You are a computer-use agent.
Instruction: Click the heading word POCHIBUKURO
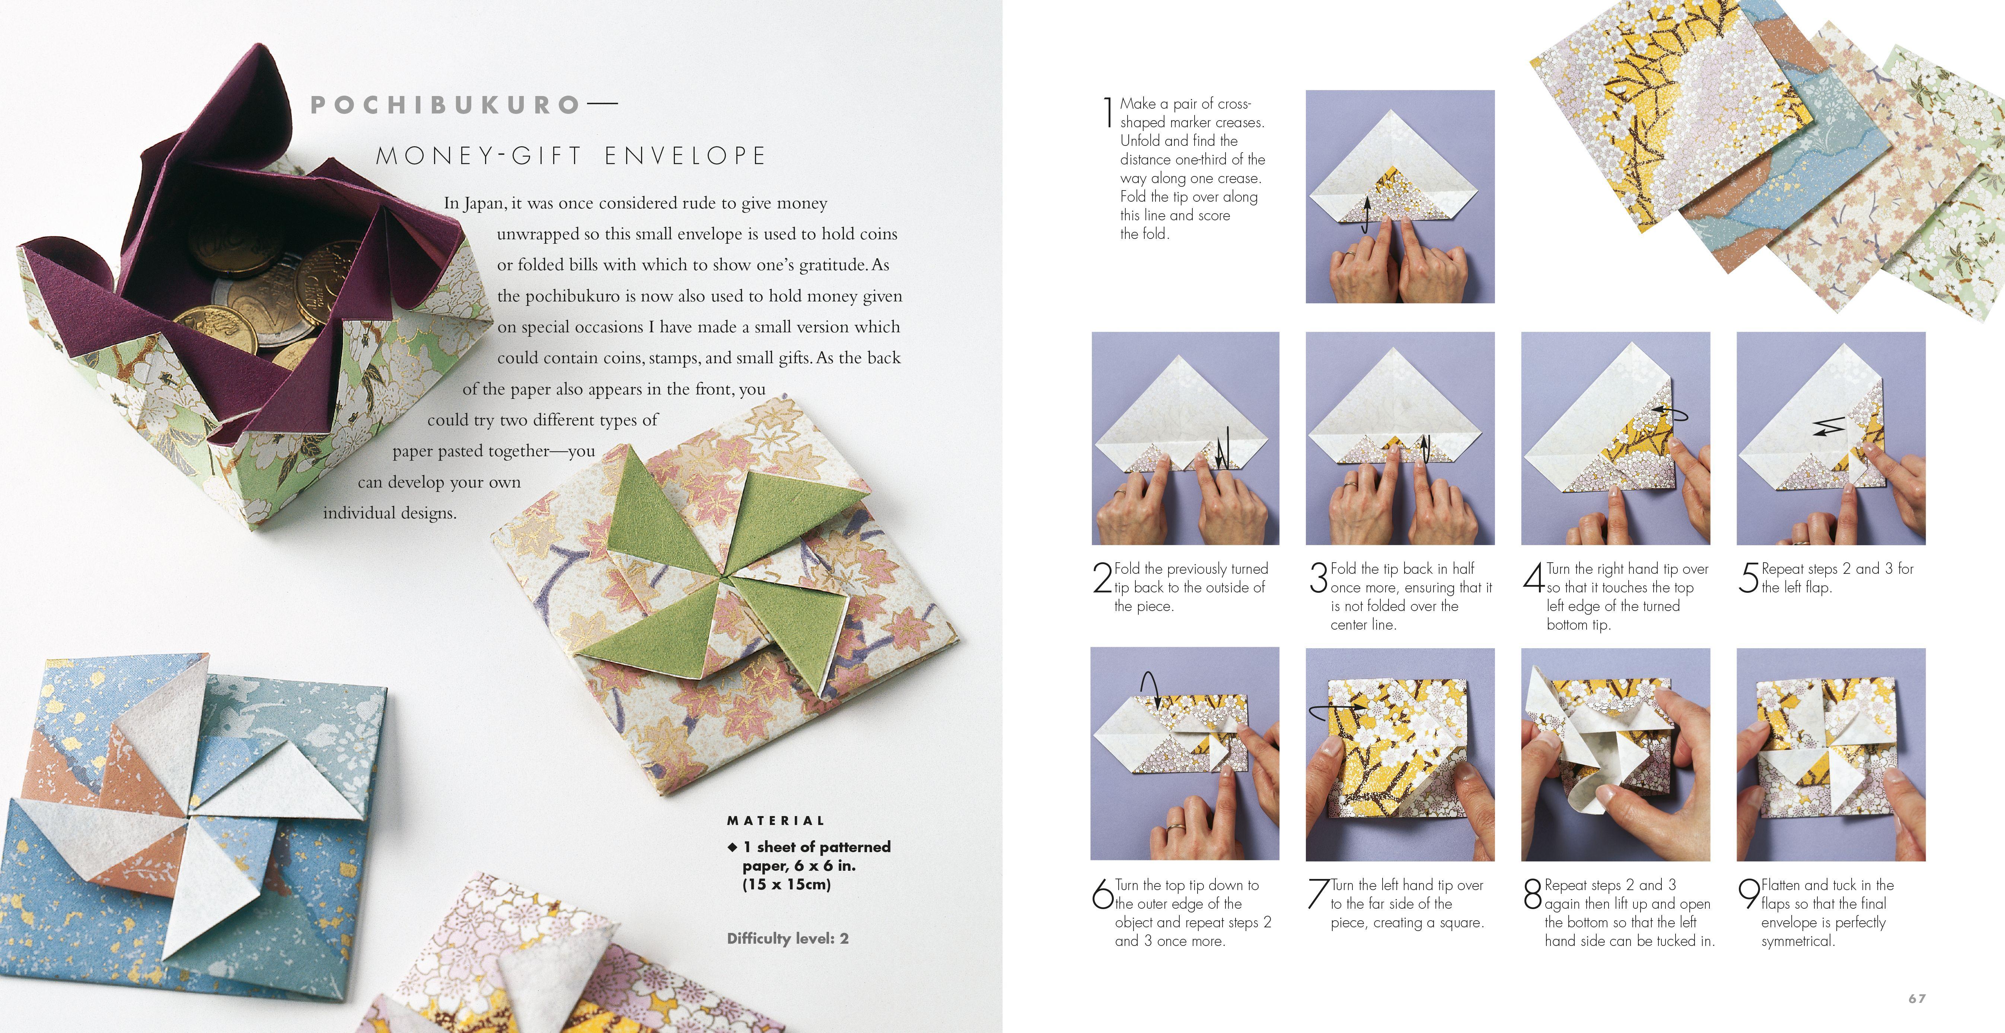[445, 105]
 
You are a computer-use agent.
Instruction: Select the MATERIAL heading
[775, 821]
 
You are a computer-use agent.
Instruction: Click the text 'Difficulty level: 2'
[788, 939]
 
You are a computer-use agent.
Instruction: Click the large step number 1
[1107, 113]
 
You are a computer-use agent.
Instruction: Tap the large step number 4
[1533, 577]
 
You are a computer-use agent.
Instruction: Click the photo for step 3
[1399, 438]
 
